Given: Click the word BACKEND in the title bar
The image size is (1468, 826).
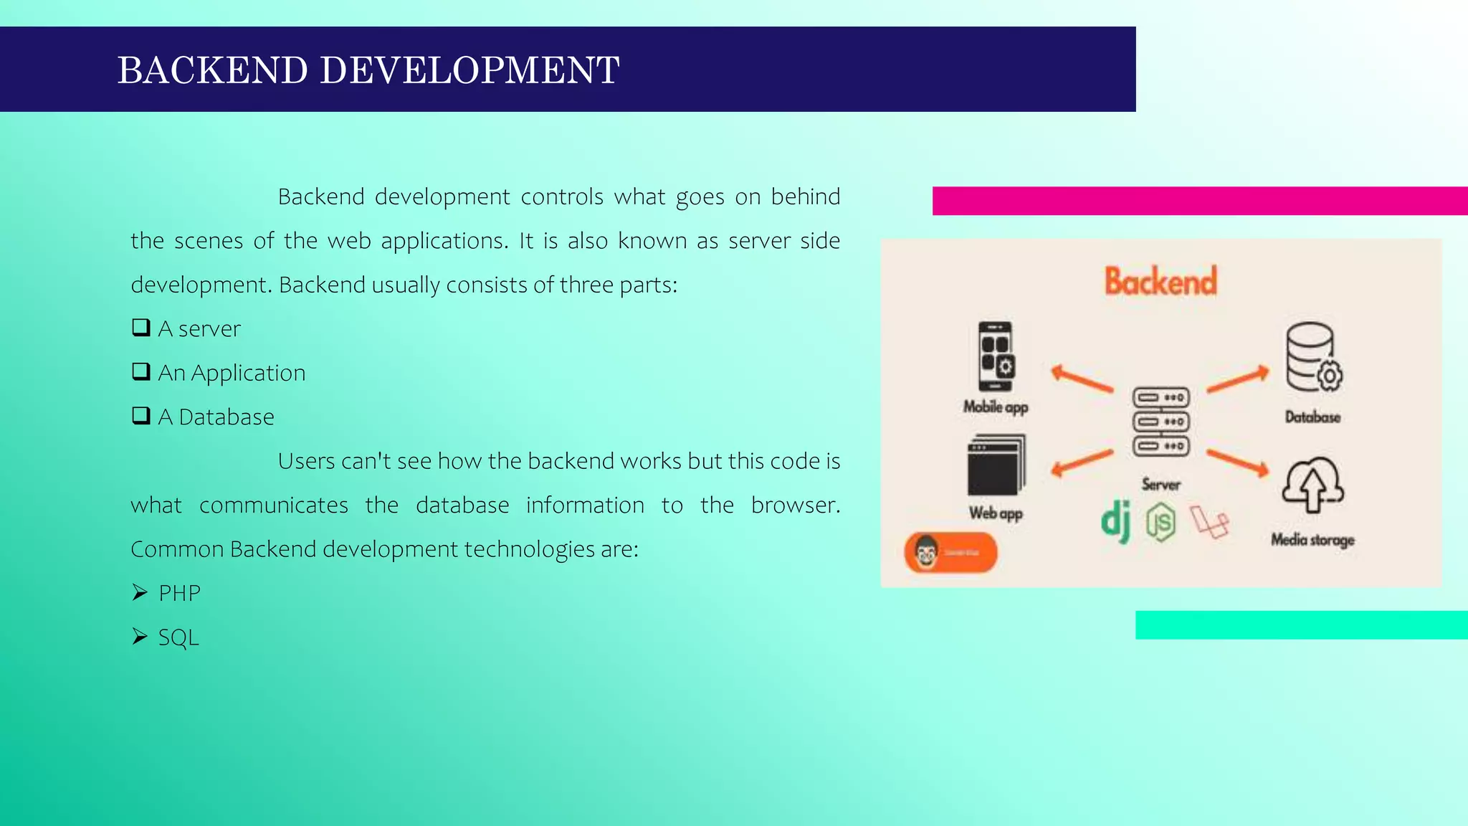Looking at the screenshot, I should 212,70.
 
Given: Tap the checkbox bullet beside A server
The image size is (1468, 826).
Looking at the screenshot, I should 141,328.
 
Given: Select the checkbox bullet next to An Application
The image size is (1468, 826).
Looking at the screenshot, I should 141,371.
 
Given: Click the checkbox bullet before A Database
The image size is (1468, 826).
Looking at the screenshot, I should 141,416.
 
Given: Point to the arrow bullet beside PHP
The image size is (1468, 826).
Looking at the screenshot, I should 140,592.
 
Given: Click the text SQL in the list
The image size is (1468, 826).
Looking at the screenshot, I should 178,637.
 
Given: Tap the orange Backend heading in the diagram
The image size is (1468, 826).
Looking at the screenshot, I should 1160,281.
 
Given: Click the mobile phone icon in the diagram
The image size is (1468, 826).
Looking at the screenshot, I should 996,356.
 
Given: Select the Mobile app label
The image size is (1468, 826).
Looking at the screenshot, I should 996,407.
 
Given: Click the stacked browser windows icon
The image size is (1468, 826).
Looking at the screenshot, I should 996,465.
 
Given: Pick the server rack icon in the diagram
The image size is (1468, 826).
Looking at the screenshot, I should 1161,422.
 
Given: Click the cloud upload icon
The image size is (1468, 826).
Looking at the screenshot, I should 1312,485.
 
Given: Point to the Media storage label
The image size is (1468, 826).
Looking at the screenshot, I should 1312,539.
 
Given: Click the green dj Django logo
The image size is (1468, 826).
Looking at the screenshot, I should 1116,521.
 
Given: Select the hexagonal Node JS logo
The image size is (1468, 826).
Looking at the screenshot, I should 1160,522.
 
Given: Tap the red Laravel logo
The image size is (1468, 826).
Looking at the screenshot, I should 1210,522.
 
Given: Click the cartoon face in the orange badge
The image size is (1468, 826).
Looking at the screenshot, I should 926,553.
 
